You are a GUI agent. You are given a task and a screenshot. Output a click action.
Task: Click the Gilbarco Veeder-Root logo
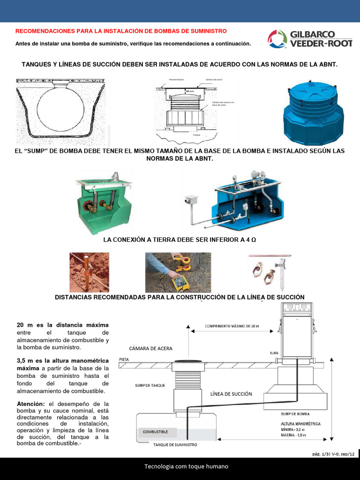[x=310, y=39]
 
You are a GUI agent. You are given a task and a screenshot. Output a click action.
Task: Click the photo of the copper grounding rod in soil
[x=89, y=272]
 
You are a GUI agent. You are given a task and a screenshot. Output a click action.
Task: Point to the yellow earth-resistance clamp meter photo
[x=178, y=272]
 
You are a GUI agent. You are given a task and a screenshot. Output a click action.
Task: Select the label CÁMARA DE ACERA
[x=150, y=348]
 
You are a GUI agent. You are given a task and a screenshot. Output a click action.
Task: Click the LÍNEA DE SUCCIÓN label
[x=231, y=394]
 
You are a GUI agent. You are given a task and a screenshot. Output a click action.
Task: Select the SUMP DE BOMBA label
[x=294, y=414]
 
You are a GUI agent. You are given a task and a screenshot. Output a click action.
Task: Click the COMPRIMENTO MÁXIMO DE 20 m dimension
[x=232, y=325]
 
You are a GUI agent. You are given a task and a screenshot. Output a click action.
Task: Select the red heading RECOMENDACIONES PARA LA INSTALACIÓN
[x=121, y=31]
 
